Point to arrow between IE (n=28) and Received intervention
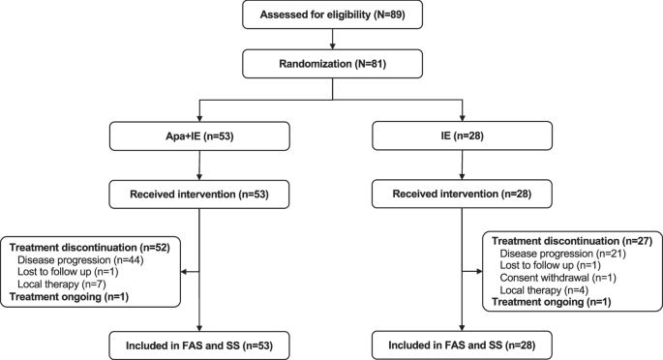point(465,167)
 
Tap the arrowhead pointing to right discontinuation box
point(478,273)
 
